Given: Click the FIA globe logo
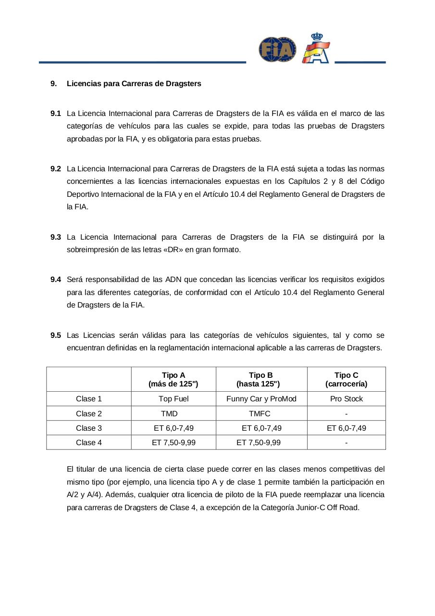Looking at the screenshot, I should coord(277,50).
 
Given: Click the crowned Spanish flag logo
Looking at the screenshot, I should coord(316,49).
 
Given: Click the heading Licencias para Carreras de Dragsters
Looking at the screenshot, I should coord(134,84).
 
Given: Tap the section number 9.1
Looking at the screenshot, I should coord(55,114).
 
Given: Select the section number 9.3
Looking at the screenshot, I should coord(55,237).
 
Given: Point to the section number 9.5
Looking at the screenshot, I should coord(55,335).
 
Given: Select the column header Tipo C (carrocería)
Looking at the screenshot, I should coord(346,379).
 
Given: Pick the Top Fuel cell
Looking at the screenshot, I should coord(174,399).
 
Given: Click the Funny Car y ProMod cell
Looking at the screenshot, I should coord(261,399).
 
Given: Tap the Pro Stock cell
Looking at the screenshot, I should coord(346,399).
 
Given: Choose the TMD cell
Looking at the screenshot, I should coord(169,414).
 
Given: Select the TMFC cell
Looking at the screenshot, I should coord(260,414).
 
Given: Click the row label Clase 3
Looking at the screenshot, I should coord(89,428).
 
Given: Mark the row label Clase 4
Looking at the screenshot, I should coord(89,443).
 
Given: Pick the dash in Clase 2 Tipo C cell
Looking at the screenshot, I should coord(347,414).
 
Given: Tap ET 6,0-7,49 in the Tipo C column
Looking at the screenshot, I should coord(346,428).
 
